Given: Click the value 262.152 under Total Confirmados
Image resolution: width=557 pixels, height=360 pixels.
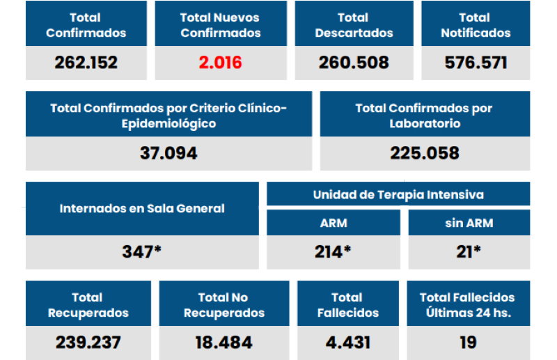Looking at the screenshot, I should click(x=86, y=63).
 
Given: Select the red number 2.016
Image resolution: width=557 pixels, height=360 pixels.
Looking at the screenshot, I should click(x=220, y=63).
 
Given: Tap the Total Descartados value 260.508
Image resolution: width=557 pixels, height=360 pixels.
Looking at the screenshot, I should click(x=354, y=63).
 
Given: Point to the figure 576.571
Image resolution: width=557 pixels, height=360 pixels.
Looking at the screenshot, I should click(x=476, y=63).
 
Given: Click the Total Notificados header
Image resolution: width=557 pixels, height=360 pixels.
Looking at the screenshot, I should click(x=476, y=25).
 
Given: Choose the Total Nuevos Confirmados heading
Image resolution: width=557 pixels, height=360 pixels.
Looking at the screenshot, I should click(x=220, y=25).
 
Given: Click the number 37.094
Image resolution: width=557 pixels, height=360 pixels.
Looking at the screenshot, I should click(x=168, y=153).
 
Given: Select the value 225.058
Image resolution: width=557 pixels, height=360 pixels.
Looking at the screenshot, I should click(x=425, y=153).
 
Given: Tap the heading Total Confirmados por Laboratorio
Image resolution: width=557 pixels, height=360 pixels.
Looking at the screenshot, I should click(x=424, y=116).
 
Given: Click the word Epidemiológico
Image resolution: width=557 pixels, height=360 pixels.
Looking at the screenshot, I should click(x=168, y=124).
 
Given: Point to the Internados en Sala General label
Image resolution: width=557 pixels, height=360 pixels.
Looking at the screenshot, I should click(x=142, y=208).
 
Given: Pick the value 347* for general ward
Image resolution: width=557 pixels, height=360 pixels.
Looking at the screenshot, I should click(x=142, y=251).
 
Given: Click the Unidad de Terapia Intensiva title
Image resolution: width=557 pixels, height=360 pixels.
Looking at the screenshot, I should click(x=398, y=194).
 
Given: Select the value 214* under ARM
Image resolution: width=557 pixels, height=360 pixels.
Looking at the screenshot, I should click(x=333, y=251).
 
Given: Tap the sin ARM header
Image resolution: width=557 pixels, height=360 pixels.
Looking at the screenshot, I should click(x=469, y=224).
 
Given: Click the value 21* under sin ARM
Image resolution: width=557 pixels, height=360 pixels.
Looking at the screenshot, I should click(x=469, y=251).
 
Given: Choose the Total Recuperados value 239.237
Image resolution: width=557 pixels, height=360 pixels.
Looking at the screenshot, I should click(x=88, y=343).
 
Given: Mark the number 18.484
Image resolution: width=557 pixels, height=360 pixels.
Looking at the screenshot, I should click(x=224, y=343).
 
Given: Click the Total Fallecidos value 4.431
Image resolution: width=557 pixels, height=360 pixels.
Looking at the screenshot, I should click(x=347, y=343).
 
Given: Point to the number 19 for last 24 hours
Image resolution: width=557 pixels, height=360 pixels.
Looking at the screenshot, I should click(x=468, y=343).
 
